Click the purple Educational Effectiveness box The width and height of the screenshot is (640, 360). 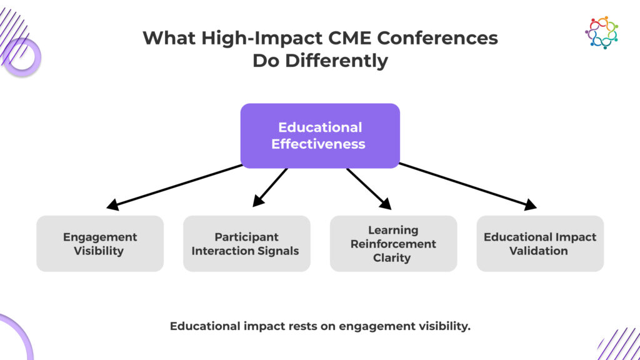pos(320,136)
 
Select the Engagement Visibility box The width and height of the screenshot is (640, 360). pos(100,244)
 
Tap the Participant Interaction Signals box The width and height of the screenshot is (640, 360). pos(246,244)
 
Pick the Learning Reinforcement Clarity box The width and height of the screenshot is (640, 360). pos(394,244)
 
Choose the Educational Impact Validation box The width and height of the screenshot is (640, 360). pos(540,244)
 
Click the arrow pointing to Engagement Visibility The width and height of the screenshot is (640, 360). pos(174,187)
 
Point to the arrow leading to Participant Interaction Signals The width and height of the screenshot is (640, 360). pos(270,187)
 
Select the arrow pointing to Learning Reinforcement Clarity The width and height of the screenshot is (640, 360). pos(369,189)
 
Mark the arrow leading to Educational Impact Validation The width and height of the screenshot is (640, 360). pos(467,186)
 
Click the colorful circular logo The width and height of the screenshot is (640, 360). pos(602,32)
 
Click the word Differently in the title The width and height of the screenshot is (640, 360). pos(336,61)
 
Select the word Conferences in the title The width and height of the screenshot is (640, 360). pos(437,38)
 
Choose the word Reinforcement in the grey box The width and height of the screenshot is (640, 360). pos(393,244)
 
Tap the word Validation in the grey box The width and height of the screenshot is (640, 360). pos(538,251)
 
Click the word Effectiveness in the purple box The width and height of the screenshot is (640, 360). pos(318,144)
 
